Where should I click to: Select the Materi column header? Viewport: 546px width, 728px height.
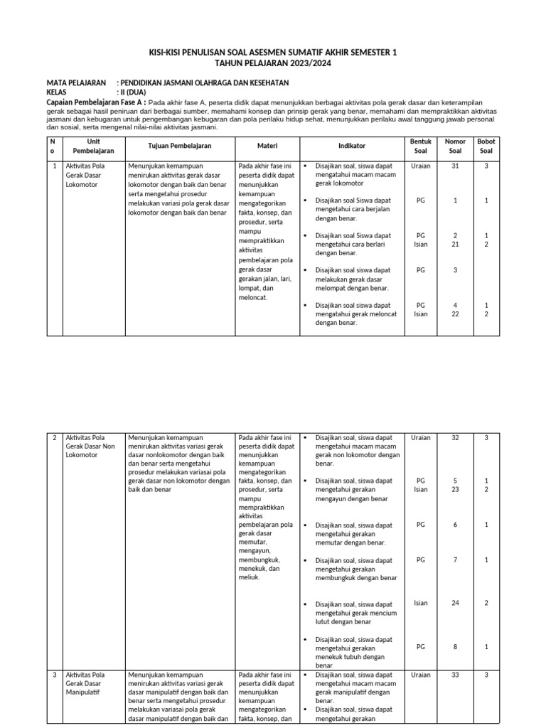[x=267, y=146]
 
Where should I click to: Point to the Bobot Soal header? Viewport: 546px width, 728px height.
[x=486, y=146]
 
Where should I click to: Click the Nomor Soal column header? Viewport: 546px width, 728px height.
[x=455, y=146]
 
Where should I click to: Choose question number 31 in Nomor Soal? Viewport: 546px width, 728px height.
[x=455, y=166]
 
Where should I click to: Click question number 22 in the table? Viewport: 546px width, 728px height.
[x=455, y=314]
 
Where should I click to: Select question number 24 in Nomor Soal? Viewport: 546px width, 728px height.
[x=455, y=603]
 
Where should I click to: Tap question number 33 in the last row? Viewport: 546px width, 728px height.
[x=455, y=675]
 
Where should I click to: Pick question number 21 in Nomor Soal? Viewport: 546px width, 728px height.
[x=455, y=245]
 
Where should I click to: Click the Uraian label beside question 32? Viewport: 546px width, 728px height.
[x=421, y=438]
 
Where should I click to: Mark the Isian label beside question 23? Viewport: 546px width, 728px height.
[x=421, y=489]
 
